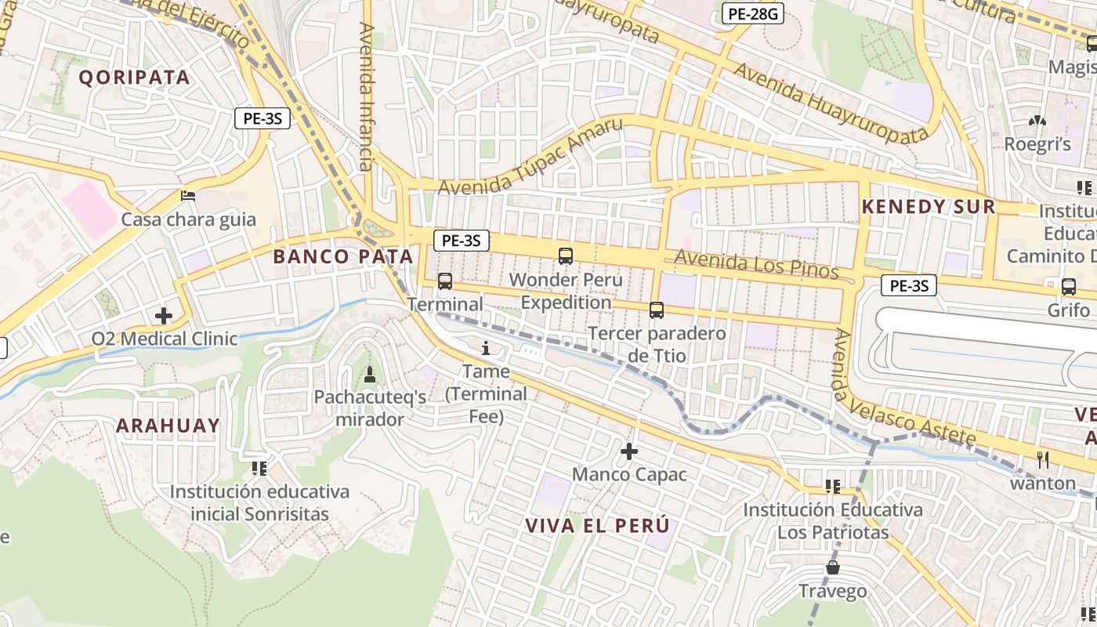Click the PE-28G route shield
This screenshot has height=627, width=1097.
pos(752,13)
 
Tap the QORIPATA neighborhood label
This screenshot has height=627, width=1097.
pos(135,77)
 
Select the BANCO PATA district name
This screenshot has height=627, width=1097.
pos(343,256)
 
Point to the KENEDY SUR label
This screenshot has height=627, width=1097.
pos(929,207)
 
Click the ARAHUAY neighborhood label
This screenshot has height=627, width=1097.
pos(168,426)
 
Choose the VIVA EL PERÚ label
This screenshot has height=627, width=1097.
pos(598,525)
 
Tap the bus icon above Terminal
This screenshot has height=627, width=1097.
pos(445,281)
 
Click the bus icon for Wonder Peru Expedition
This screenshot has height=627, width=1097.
pos(566,256)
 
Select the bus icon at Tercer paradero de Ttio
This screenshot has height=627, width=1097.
pos(657,310)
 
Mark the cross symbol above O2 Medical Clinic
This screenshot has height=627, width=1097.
pos(164,316)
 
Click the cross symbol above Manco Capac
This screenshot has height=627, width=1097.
pos(629,451)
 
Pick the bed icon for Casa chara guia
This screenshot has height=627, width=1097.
pos(188,196)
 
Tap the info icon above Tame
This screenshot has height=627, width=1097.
pos(486,348)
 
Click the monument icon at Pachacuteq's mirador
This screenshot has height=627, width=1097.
pos(370,374)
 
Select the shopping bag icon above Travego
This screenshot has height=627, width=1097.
pos(832,567)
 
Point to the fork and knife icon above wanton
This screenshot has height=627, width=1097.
pos(1042,460)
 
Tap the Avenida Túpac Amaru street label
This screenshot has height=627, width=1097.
pos(530,157)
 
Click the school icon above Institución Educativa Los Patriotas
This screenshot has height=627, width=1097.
pos(832,487)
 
